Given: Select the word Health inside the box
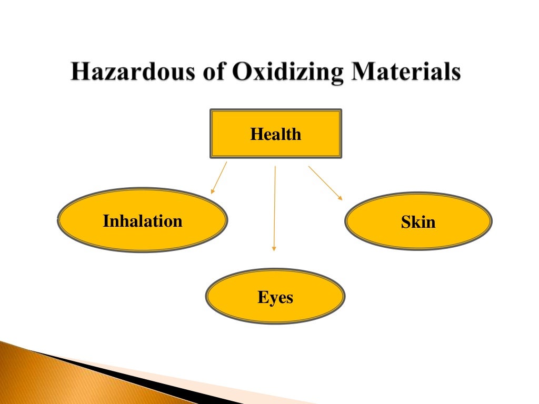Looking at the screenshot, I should [276, 134].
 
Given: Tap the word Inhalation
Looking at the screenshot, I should [143, 221].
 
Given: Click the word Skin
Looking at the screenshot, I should [418, 222].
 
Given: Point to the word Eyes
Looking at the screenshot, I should [275, 298].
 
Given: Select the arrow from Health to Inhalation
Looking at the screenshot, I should [219, 177].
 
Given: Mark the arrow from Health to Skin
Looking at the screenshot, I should [325, 183].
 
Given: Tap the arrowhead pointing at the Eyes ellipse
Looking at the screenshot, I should [274, 248].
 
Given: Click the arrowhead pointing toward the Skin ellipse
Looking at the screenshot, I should [340, 198].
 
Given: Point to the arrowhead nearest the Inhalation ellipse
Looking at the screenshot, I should [212, 191].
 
